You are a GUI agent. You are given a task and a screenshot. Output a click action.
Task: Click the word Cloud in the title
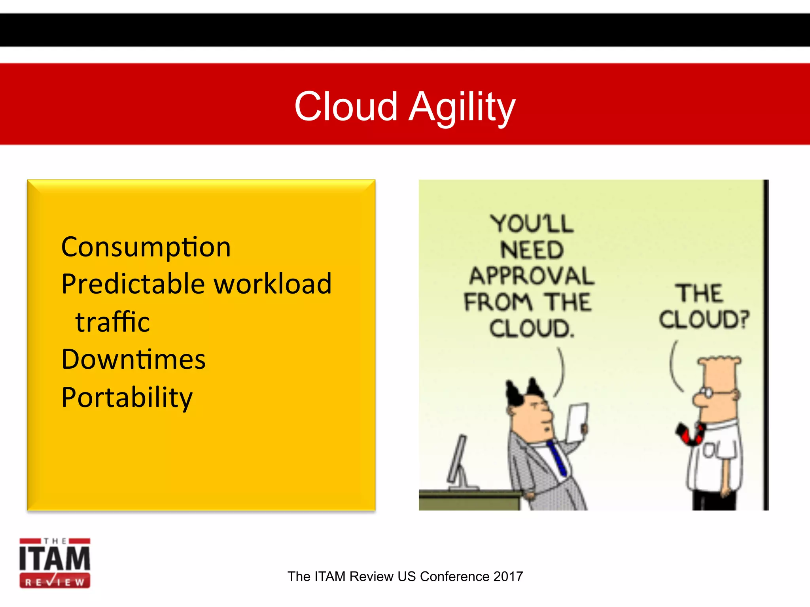pos(346,106)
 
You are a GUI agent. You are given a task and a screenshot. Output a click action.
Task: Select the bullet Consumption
pos(146,247)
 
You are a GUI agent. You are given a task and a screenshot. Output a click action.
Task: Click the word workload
pos(273,284)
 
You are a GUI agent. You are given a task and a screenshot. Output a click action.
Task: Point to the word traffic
pos(112,322)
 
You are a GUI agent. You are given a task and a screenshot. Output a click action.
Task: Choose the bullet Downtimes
pos(133,359)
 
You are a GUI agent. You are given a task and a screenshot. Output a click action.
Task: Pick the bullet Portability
pos(127,397)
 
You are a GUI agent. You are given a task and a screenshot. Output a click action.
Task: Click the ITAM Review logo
pos(55,563)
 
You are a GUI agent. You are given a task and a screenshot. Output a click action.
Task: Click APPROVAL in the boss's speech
pos(531,276)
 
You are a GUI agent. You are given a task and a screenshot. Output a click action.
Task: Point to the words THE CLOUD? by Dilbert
pos(703,306)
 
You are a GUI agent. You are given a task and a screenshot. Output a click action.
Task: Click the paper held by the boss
pos(577,422)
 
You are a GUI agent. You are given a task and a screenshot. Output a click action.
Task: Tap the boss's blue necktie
pos(557,458)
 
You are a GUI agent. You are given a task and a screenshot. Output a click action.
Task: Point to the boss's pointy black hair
pos(524,391)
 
